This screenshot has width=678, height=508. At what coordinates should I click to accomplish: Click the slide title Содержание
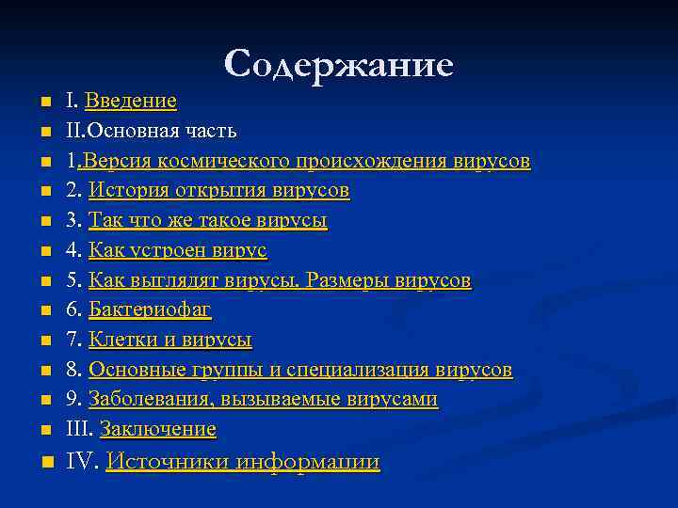339,64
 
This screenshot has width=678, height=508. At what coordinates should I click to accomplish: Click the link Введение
130,101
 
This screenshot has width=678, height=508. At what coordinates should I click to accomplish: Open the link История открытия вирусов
218,191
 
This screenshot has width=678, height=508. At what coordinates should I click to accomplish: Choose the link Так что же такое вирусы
207,221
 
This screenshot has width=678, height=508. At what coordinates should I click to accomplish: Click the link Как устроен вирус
177,251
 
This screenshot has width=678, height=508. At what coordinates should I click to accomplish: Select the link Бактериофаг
150,310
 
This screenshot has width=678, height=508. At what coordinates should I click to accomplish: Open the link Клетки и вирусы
169,341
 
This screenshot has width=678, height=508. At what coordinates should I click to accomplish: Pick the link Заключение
157,430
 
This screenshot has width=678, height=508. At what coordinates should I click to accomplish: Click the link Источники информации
242,462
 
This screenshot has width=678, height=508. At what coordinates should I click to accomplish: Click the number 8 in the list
72,370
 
